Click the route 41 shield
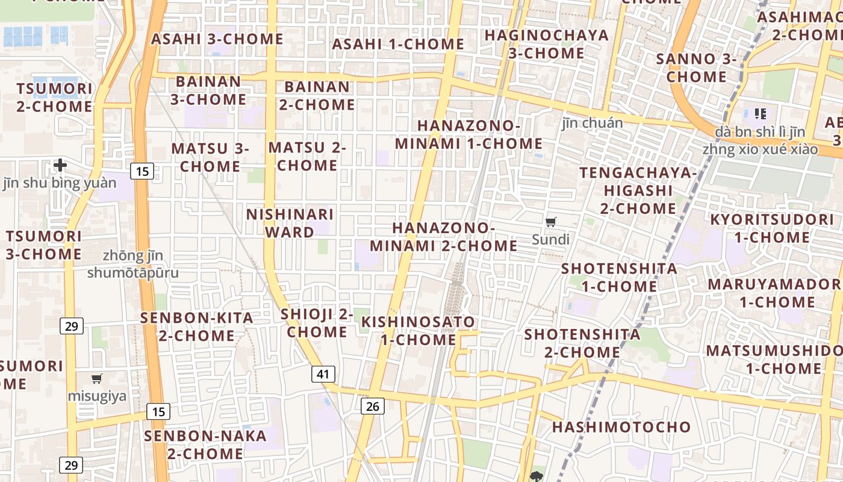[323, 374]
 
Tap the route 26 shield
[373, 406]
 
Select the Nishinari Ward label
[290, 223]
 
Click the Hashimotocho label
[621, 427]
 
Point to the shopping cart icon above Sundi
[550, 222]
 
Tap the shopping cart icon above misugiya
[96, 378]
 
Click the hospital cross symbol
[60, 164]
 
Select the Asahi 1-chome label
[398, 44]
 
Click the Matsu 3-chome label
[210, 157]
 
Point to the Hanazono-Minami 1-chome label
[469, 134]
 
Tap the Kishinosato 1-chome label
[418, 330]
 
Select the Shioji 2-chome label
[317, 323]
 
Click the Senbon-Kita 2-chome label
[196, 327]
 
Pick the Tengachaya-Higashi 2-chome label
[638, 190]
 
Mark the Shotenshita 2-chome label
[582, 343]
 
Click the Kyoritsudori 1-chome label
[772, 228]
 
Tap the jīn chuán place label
[593, 123]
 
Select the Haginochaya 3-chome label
[547, 44]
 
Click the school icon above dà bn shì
[760, 113]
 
